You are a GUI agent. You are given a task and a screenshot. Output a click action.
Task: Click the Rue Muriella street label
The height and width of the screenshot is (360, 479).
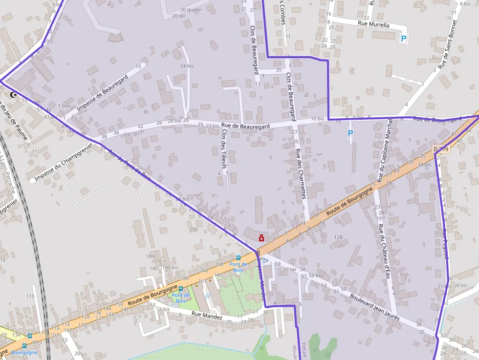pos(374,23)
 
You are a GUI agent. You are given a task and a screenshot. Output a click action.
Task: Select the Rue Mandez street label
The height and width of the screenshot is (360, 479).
pos(206,316)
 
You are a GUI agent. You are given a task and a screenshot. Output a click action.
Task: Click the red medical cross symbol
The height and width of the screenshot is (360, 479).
pos(261,238)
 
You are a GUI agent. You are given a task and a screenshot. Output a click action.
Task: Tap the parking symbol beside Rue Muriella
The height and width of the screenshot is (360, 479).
pos(403,38)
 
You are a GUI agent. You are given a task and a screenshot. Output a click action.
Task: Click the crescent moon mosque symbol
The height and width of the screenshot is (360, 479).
pos(14,94)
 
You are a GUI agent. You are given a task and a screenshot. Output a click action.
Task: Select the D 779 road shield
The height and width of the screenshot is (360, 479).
pos(440,148)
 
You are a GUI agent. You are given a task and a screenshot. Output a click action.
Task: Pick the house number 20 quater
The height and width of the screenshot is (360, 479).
pos(191,9)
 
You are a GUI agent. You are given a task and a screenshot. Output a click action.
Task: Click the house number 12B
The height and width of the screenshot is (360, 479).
pos(338,237)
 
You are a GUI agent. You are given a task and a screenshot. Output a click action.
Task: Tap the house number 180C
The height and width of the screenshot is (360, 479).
pos(151,256)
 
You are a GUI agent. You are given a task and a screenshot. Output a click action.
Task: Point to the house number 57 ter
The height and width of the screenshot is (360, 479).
pos(290,270)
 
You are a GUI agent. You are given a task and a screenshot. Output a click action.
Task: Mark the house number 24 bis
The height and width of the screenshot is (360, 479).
pos(187,66)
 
